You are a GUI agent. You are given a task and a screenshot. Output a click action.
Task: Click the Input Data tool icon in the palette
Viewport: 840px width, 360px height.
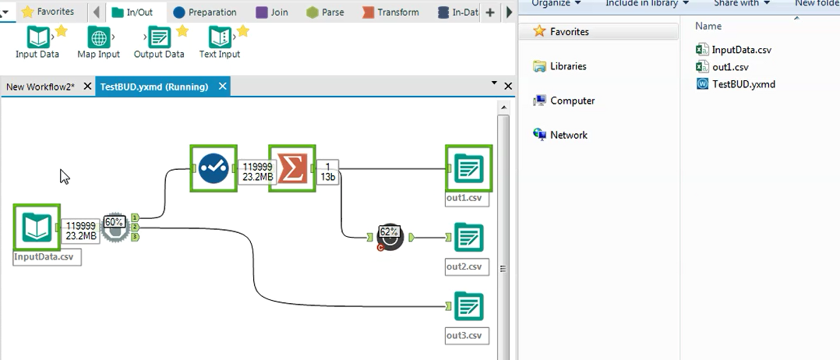(37, 37)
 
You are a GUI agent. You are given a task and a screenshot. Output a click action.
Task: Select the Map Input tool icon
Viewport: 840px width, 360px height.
(99, 37)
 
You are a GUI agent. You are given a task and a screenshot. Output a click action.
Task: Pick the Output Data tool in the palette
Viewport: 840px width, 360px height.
(159, 37)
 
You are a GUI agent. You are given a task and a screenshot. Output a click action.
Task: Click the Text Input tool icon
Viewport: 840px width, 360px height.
(220, 37)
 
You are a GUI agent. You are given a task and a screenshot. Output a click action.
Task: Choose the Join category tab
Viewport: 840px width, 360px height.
(272, 12)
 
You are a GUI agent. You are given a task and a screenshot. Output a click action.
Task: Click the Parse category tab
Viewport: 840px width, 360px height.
(326, 12)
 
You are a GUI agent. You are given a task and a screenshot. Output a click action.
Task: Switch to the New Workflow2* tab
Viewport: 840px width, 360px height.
(41, 86)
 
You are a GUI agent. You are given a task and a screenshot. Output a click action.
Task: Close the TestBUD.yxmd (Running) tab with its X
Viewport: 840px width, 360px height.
(223, 86)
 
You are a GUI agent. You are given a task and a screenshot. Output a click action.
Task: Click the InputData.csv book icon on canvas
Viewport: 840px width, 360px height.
(37, 227)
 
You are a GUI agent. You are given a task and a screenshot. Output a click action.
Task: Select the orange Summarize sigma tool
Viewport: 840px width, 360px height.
(291, 168)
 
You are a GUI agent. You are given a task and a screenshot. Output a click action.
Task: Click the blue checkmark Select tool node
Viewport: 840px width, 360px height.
(214, 168)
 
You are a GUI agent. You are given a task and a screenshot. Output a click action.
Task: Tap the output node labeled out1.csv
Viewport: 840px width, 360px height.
(468, 168)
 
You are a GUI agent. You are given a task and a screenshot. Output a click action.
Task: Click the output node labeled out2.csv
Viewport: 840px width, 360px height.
(468, 238)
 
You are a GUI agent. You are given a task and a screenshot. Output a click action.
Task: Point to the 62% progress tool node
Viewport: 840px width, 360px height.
(390, 237)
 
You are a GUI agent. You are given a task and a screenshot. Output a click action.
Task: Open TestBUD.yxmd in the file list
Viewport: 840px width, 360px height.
(743, 84)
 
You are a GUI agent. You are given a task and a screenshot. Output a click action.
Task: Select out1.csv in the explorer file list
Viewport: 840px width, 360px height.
(729, 67)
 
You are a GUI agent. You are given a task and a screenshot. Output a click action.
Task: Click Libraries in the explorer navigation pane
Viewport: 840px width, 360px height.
(567, 66)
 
